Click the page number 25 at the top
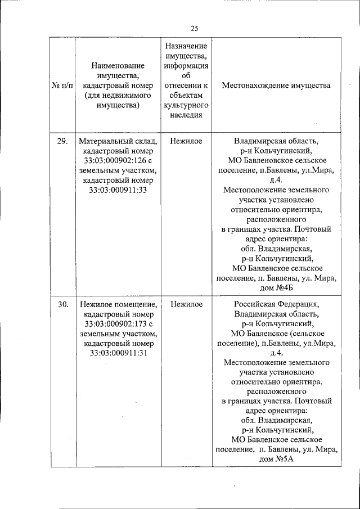(x=195, y=29)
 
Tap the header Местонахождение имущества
(x=276, y=85)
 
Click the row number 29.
(x=62, y=141)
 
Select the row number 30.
(x=62, y=304)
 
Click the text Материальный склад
(x=118, y=141)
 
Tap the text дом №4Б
(x=276, y=288)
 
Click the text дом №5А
(x=276, y=459)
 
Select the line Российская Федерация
(x=276, y=304)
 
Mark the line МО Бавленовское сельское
(x=276, y=161)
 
